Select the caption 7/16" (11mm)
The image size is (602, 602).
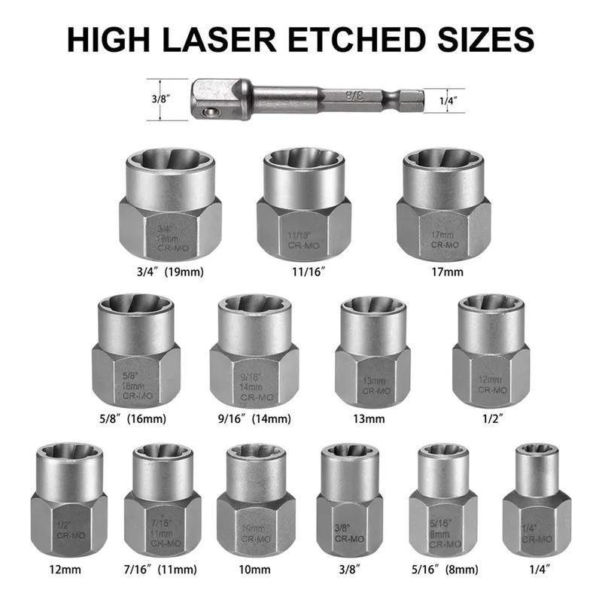point(164,569)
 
